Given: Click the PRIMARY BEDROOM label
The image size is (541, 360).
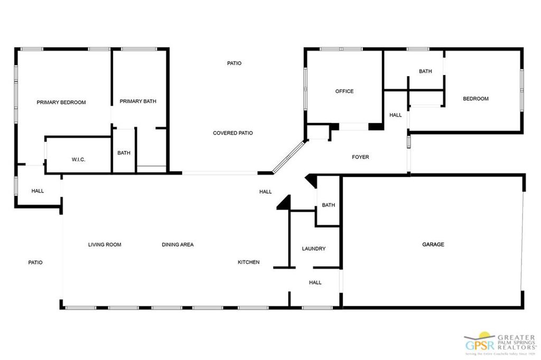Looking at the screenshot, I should pyautogui.click(x=61, y=102).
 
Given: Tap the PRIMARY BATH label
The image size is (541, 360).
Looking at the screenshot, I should pyautogui.click(x=138, y=101).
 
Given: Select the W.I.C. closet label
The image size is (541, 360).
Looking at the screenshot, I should pyautogui.click(x=78, y=159).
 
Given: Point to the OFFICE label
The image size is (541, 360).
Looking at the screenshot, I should pyautogui.click(x=344, y=91).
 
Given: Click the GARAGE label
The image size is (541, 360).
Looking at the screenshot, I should pyautogui.click(x=433, y=244).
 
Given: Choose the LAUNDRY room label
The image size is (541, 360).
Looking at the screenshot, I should pyautogui.click(x=313, y=249).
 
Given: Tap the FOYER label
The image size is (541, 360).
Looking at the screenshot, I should pyautogui.click(x=360, y=157).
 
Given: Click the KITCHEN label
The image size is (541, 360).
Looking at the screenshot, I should pyautogui.click(x=248, y=262).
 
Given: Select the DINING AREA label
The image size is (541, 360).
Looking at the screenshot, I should pyautogui.click(x=178, y=244).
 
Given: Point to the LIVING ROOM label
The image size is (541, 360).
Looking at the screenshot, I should pyautogui.click(x=105, y=244).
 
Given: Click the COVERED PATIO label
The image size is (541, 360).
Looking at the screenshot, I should pyautogui.click(x=232, y=133).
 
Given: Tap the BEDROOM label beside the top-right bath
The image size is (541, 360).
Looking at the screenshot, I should pyautogui.click(x=475, y=99).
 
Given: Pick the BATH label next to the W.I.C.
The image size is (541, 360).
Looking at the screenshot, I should pyautogui.click(x=124, y=153).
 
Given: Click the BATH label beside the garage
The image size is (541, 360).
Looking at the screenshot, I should pyautogui.click(x=328, y=205).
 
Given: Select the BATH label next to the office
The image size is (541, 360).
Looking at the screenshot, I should pyautogui.click(x=425, y=71).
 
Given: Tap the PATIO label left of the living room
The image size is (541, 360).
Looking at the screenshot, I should pyautogui.click(x=35, y=262).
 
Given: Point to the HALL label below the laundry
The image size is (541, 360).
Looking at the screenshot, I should pyautogui.click(x=315, y=282).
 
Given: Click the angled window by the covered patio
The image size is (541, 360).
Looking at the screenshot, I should pyautogui.click(x=289, y=157).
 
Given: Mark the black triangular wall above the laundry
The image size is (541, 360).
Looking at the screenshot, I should pyautogui.click(x=285, y=203).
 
